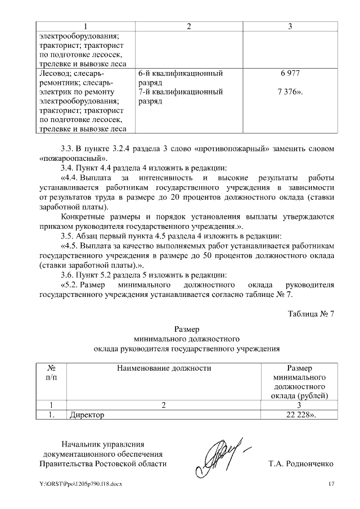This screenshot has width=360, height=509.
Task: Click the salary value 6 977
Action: (289, 74)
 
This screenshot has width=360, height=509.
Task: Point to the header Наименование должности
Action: (164, 368)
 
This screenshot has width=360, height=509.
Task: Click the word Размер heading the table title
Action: (187, 328)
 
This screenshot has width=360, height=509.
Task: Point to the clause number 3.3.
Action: (67, 149)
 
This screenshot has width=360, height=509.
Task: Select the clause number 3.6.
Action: (67, 275)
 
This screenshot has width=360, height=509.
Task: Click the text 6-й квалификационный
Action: (179, 74)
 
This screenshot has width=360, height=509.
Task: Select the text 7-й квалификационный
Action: (179, 92)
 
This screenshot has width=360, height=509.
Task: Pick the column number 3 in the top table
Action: (289, 26)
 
